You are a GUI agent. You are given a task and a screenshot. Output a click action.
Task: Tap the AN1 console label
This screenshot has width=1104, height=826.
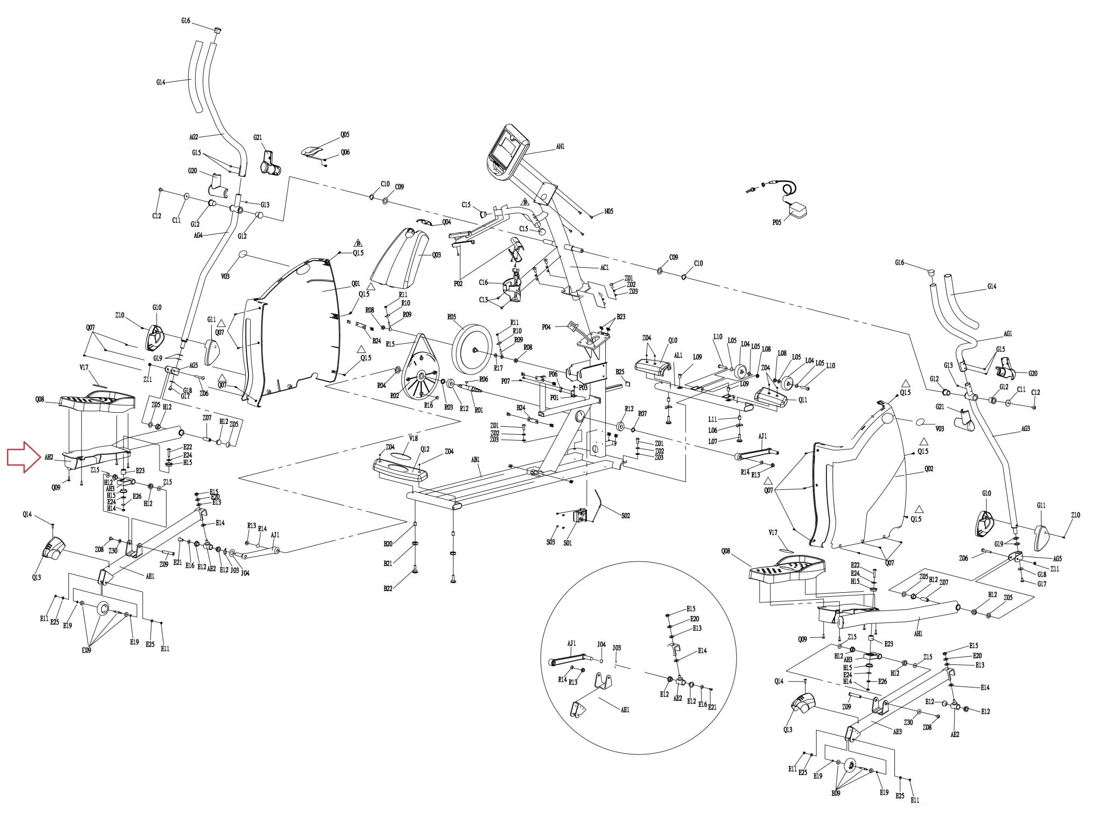click(560, 146)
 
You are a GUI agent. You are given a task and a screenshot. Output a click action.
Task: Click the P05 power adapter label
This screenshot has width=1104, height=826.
click(776, 222)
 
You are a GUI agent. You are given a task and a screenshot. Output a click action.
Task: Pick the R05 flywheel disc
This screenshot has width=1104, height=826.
click(473, 349)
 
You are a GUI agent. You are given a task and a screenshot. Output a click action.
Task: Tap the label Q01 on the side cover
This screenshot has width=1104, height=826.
click(355, 283)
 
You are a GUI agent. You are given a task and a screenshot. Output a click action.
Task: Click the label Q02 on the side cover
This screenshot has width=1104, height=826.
click(928, 469)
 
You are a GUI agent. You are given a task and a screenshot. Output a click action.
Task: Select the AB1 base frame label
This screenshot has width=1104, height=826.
click(475, 460)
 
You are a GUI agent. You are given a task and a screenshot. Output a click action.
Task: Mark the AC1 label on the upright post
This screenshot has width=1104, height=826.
click(604, 268)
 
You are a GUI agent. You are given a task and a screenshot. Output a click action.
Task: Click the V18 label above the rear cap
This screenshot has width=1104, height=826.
click(413, 439)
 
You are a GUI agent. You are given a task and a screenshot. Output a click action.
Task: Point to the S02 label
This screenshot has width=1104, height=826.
click(625, 516)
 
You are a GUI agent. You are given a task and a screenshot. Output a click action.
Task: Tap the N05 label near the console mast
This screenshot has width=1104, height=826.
click(608, 212)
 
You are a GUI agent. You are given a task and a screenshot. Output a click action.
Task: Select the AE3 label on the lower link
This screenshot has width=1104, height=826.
click(897, 732)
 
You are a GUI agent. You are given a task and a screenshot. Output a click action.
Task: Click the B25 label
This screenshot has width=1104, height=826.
click(620, 372)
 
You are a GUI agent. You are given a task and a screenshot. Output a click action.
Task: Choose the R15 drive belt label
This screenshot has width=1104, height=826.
click(390, 344)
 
